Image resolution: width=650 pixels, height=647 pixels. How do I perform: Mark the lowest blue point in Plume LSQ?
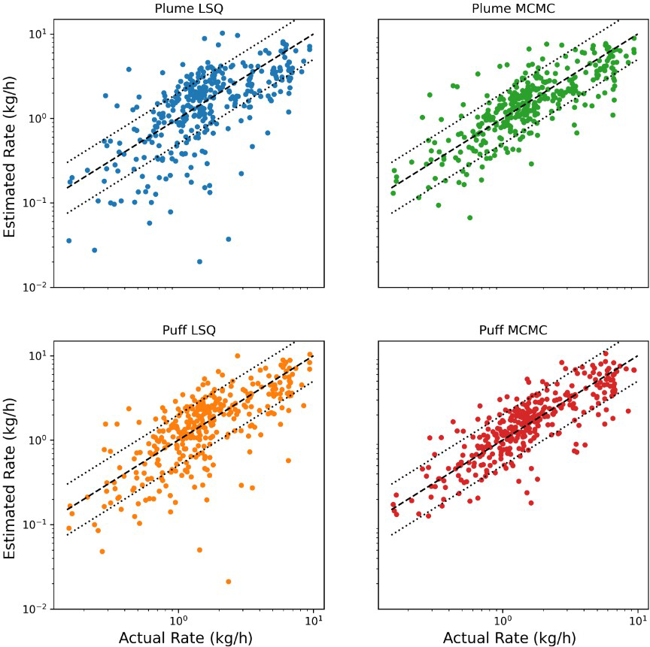coord(199,262)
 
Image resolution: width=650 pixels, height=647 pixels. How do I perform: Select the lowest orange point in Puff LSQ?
coord(228,582)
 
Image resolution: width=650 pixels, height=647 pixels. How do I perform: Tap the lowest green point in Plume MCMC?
coord(469,218)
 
